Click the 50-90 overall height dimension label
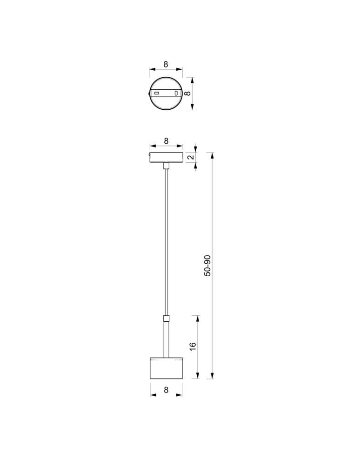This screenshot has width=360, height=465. tap(207, 266)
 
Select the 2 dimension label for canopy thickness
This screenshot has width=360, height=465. tap(190, 157)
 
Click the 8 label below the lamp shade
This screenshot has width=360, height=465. tap(166, 391)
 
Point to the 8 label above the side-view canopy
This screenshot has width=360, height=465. tap(166, 140)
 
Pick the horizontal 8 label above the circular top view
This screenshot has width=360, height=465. tap(166, 65)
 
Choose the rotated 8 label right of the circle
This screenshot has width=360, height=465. tap(187, 93)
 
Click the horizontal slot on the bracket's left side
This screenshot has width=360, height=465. tap(157, 93)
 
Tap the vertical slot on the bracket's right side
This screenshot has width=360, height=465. tap(176, 93)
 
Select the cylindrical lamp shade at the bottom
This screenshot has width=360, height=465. tap(166, 369)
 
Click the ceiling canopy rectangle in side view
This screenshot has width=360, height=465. tap(166, 157)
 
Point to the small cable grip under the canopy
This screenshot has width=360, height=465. tap(166, 166)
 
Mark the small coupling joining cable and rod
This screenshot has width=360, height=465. tap(166, 319)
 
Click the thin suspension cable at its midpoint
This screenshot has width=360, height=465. tap(166, 242)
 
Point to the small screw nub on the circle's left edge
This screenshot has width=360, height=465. tap(149, 93)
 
